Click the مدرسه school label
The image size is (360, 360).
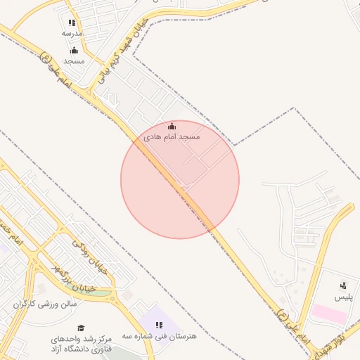(x=72, y=33)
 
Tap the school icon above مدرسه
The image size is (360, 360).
(x=72, y=22)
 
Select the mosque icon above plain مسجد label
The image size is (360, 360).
(x=74, y=50)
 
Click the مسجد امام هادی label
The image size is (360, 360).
(x=172, y=136)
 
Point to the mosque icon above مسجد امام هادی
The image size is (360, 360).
(x=172, y=126)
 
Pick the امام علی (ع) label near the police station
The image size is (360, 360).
(x=294, y=327)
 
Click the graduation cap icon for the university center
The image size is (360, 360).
(x=81, y=328)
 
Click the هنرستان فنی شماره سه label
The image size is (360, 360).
(x=160, y=336)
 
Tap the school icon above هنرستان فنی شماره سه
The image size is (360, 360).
(x=159, y=325)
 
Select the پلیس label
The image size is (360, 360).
(x=342, y=297)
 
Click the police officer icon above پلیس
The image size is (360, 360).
(x=343, y=285)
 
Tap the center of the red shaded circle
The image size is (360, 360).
(x=180, y=179)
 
